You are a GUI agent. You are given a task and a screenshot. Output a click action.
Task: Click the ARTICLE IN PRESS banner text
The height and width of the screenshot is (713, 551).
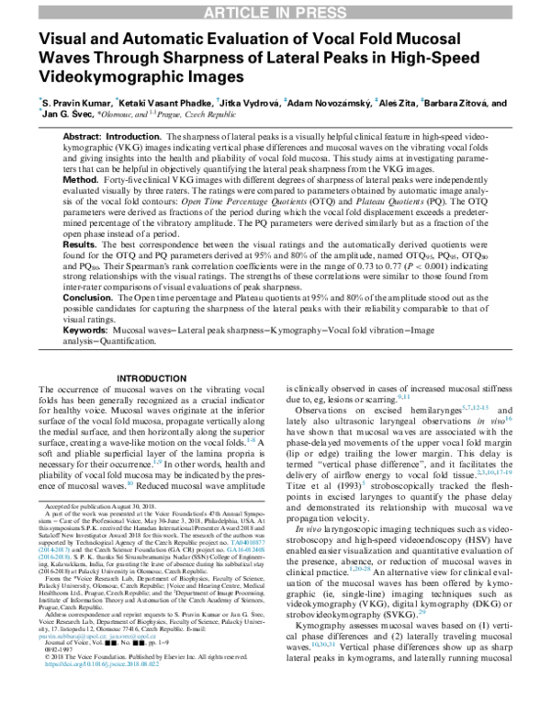click(275, 10)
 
